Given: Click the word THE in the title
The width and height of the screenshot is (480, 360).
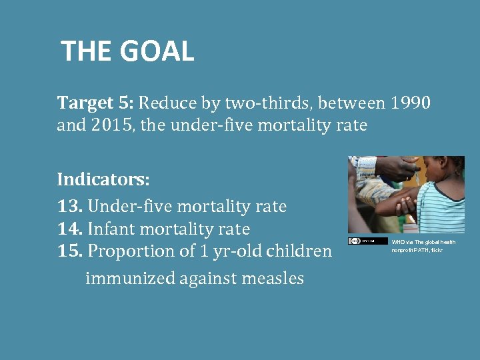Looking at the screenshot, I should click(87, 51).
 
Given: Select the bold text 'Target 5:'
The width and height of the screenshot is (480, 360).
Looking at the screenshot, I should click(96, 103).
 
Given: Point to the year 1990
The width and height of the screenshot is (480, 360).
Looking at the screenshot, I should click(411, 103).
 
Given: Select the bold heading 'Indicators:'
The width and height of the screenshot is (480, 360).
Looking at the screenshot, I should click(103, 180).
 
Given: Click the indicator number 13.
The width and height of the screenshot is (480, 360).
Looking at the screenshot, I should click(69, 207).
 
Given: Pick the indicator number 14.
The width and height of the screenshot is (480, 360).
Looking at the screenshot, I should click(69, 229).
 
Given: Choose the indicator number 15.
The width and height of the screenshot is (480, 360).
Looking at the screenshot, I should click(69, 251).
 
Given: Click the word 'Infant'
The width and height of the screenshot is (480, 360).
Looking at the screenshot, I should click(111, 229).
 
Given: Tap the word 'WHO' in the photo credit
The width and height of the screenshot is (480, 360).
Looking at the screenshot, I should click(398, 243).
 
